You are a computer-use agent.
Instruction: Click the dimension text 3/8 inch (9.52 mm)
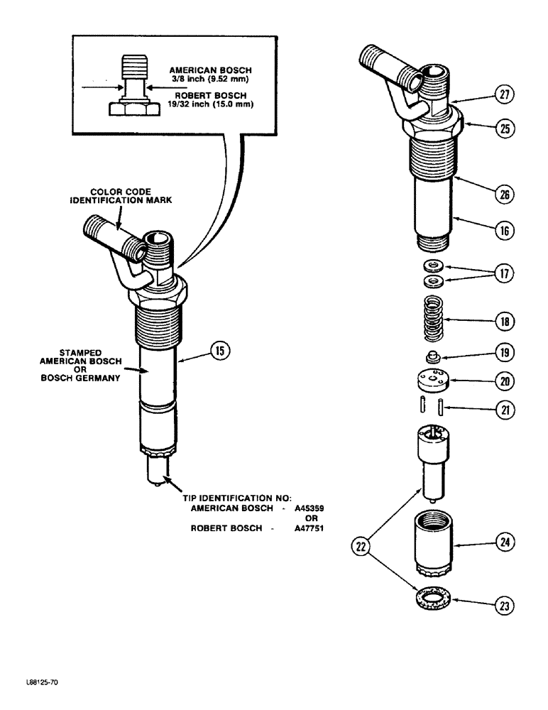206,80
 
